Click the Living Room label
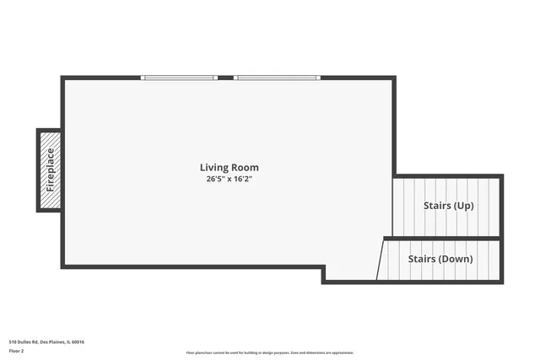[x=229, y=168]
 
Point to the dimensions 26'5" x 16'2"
[x=229, y=180]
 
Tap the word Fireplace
[x=50, y=169]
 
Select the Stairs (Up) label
[x=448, y=206]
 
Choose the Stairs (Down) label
[x=440, y=259]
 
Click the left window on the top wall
[x=179, y=78]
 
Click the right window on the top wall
[x=277, y=78]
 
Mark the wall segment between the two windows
[x=225, y=78]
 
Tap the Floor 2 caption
[x=16, y=351]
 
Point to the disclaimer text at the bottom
[x=270, y=352]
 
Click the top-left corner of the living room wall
[x=62, y=78]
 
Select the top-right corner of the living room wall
[x=393, y=78]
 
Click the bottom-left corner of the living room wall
[x=62, y=266]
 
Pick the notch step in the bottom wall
[x=324, y=273]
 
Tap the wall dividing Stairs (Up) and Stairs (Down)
[x=443, y=239]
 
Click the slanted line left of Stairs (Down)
[x=381, y=259]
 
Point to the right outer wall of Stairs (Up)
[x=501, y=207]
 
